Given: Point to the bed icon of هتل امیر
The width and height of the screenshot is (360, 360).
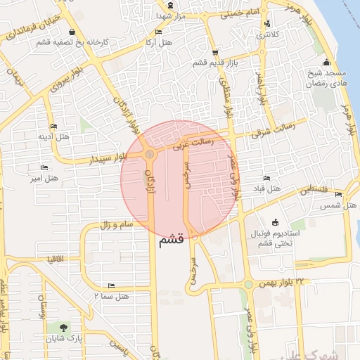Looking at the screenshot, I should point(45,168).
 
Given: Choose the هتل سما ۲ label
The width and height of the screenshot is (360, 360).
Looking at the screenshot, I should point(111,296).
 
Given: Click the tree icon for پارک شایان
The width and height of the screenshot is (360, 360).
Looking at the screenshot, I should point(65,328).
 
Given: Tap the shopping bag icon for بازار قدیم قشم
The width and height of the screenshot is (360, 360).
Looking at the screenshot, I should point(214,53).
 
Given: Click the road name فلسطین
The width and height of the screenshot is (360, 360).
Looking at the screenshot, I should point(314,189).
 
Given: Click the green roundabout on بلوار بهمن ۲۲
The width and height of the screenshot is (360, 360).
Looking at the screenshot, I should point(248,285).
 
